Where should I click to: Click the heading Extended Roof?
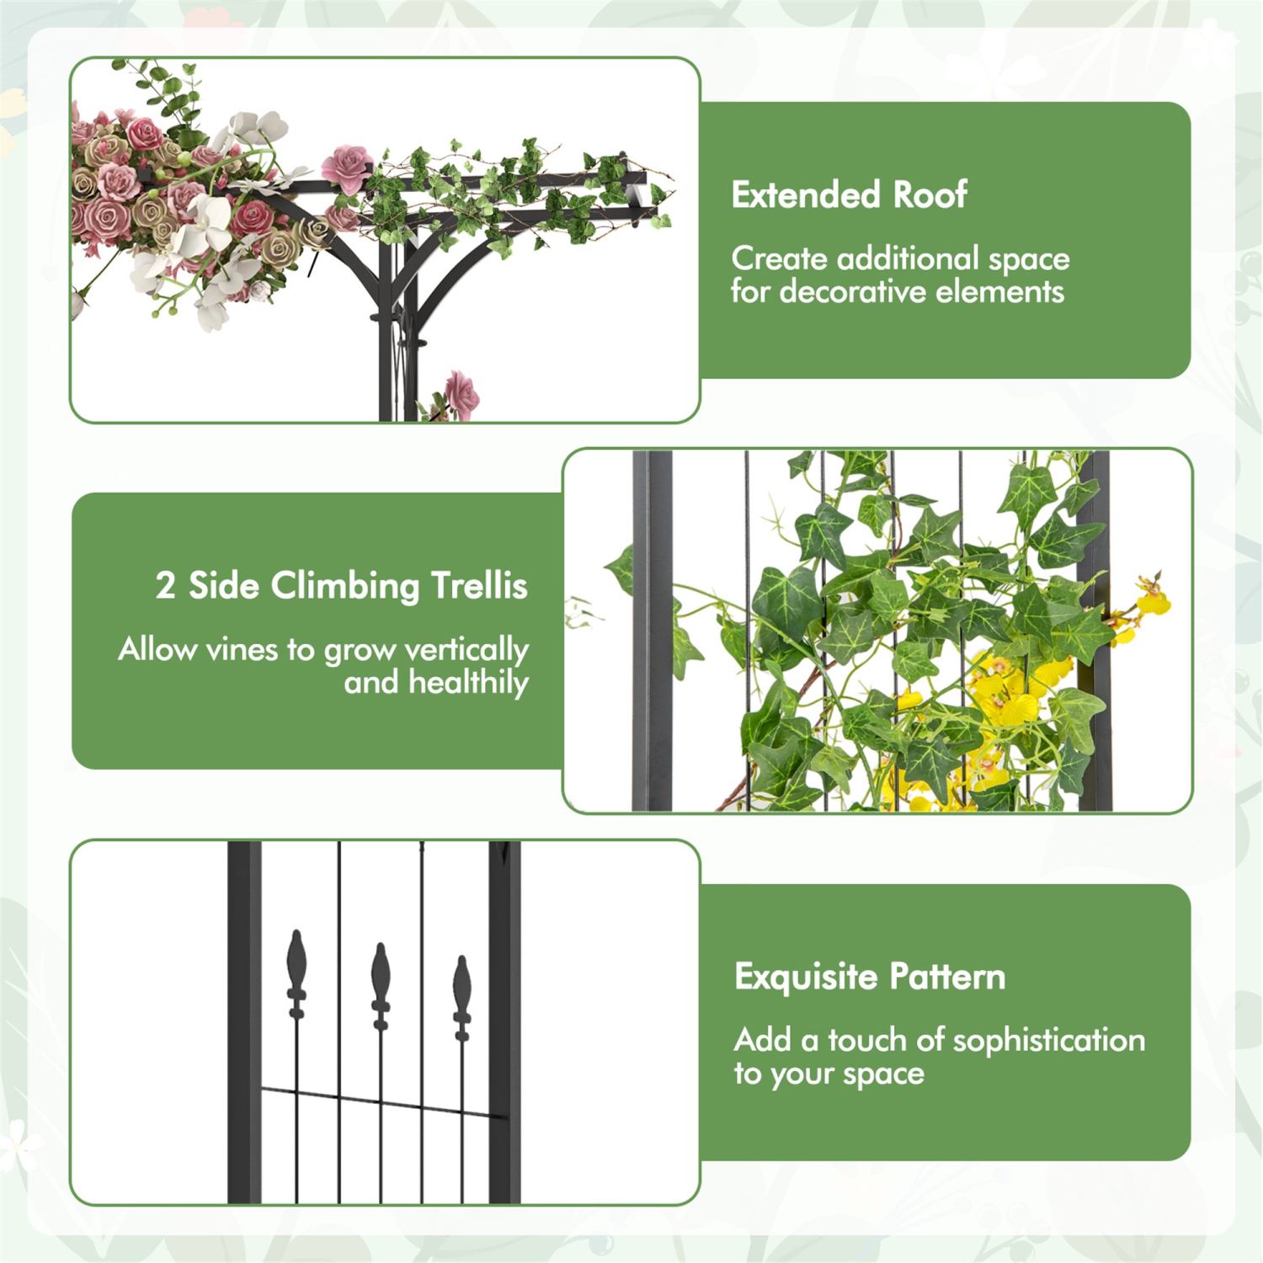849,195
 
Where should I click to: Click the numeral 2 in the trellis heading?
165,586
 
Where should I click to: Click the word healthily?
468,683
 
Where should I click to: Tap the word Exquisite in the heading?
806,978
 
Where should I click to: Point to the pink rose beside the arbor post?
461,393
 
